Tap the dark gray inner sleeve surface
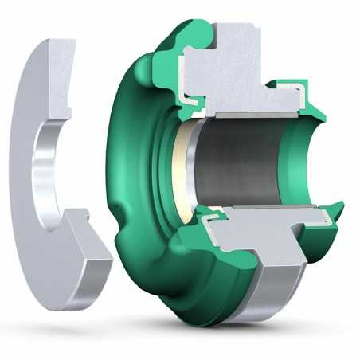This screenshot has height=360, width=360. tap(239, 163)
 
